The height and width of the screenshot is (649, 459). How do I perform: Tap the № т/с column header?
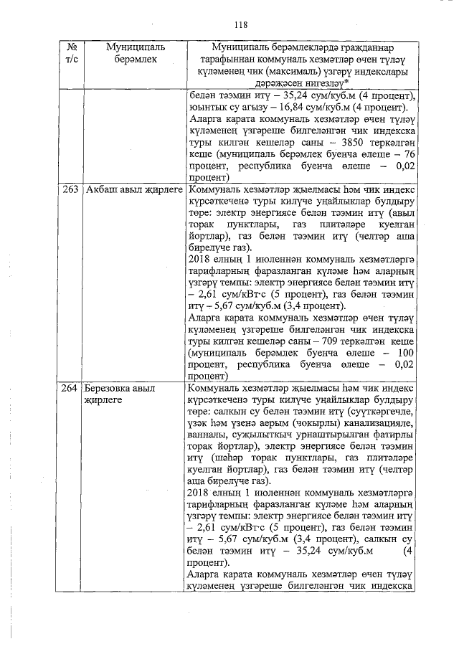point(70,53)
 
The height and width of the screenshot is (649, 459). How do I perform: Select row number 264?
point(70,389)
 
